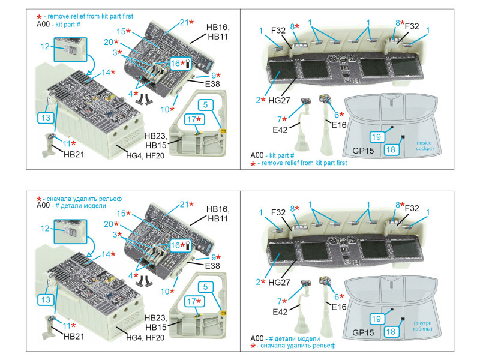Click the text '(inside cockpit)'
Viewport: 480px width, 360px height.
click(x=425, y=145)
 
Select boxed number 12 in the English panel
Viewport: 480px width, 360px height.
click(x=45, y=46)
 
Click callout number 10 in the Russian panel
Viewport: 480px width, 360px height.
click(x=169, y=292)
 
